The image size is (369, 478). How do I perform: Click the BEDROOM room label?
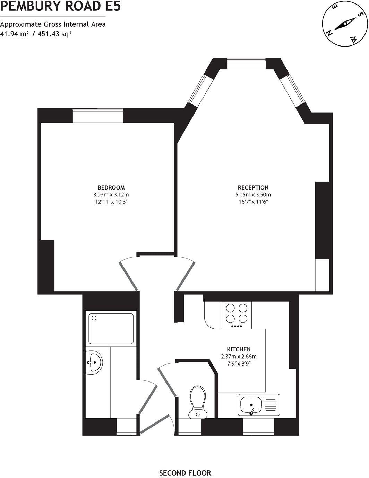point(111,188)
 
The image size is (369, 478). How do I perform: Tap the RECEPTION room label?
point(253,188)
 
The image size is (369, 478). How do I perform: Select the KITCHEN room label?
point(239,349)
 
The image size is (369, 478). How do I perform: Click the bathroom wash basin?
point(94,362)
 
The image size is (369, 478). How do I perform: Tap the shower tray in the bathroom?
point(111,328)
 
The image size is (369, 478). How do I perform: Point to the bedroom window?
point(98,116)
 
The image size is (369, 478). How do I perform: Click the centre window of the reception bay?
point(246,64)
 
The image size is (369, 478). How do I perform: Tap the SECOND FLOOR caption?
point(185,473)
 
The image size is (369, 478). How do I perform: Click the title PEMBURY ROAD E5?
point(61,6)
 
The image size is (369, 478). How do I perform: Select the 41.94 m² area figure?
point(15,34)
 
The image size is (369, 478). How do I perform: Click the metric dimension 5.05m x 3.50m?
point(253,195)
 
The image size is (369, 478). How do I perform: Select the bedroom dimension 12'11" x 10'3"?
point(111,201)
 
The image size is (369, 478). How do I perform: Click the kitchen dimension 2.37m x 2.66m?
point(239,357)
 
